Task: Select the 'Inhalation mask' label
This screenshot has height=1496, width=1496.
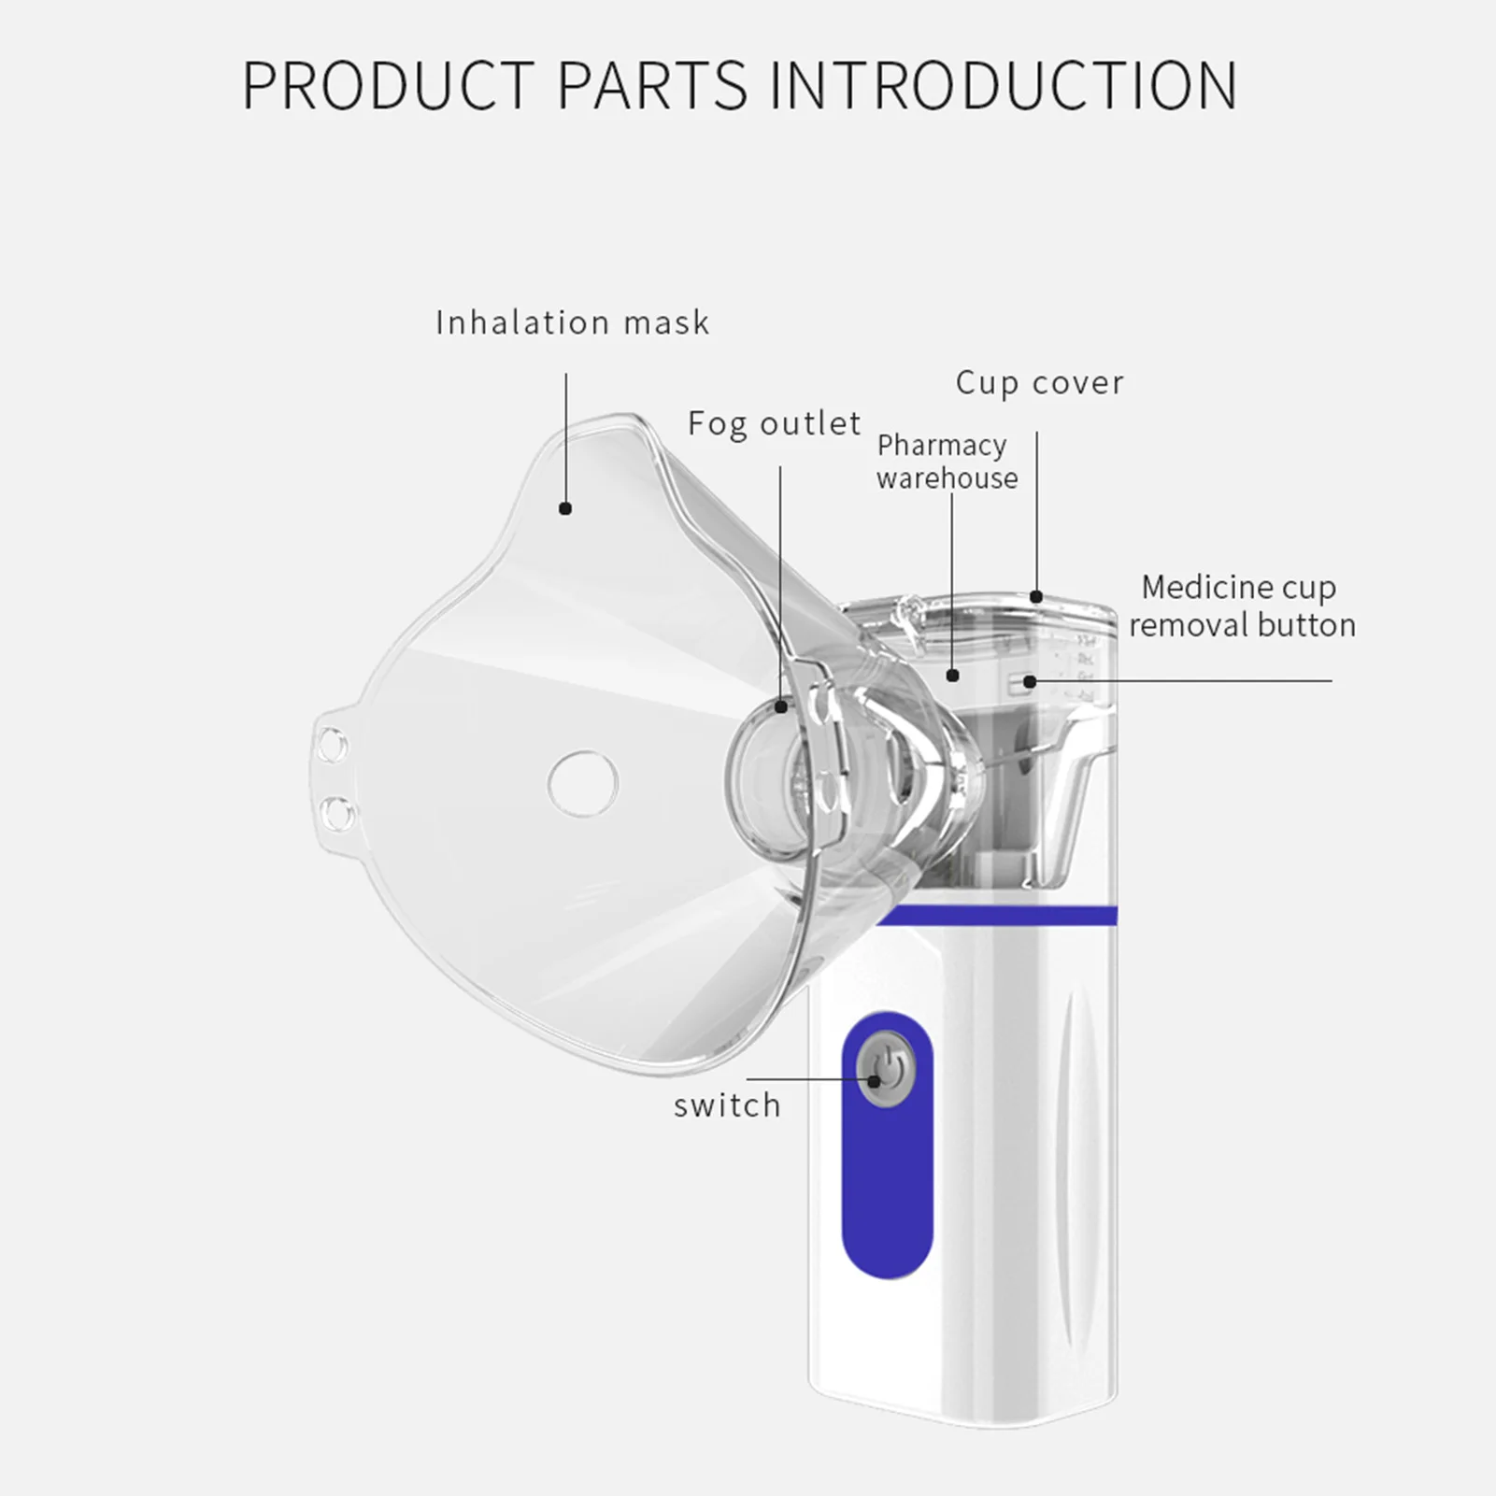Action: point(572,323)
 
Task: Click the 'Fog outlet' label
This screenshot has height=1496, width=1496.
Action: point(774,424)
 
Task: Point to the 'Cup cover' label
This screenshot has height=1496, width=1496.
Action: point(1039,383)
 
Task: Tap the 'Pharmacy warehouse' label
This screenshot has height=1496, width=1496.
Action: point(946,462)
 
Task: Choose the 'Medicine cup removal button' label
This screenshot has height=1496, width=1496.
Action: point(1241,606)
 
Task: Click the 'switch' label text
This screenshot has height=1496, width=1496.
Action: point(727,1105)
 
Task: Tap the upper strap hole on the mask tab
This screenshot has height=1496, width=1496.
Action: point(331,747)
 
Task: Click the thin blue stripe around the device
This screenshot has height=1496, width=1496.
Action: point(1000,916)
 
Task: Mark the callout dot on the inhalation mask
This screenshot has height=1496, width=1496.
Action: point(565,508)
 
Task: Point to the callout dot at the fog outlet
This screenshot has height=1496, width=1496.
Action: point(781,708)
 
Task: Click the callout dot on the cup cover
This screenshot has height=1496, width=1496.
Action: point(1036,596)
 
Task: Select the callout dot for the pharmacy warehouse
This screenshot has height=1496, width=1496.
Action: point(952,675)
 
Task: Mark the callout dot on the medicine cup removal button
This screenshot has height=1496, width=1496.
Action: point(1030,681)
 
